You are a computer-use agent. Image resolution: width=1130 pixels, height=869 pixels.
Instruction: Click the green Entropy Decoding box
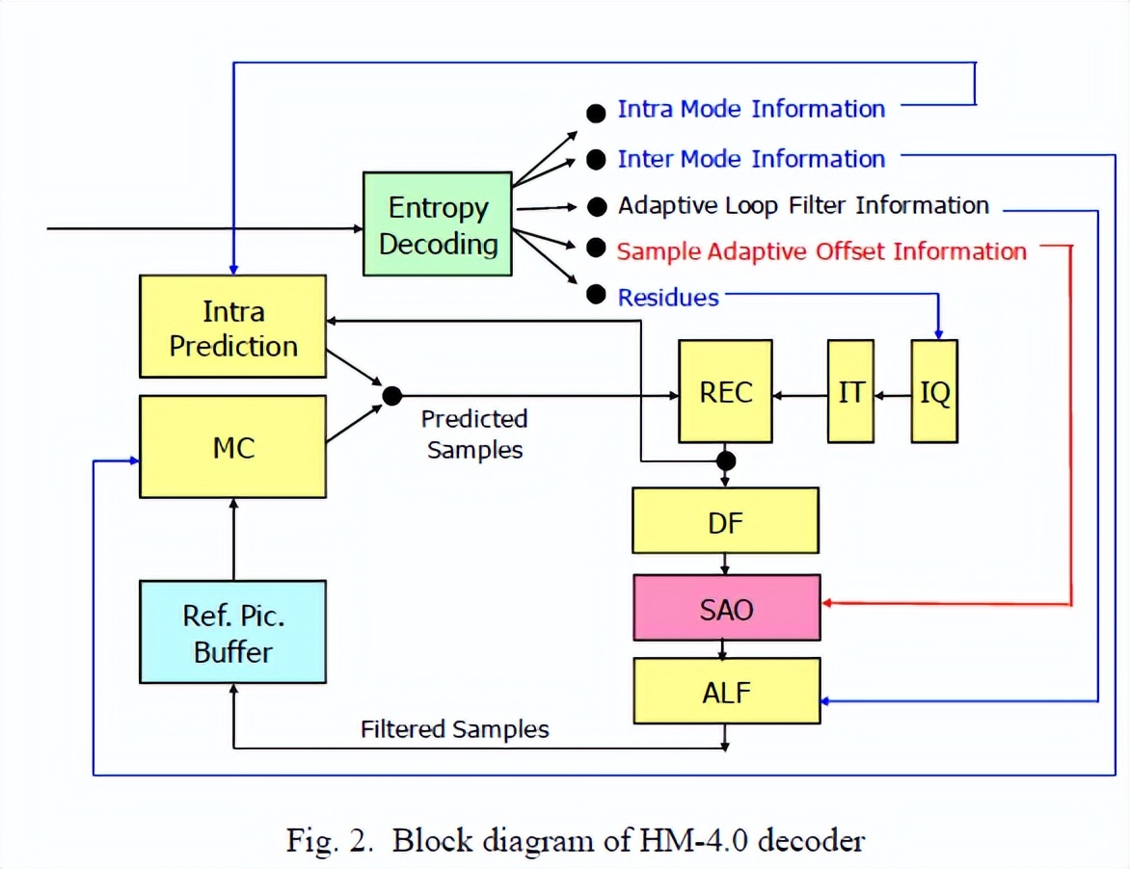438,224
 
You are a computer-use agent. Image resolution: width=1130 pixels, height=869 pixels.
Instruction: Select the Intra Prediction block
232,327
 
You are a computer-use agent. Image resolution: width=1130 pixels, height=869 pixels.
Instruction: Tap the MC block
232,446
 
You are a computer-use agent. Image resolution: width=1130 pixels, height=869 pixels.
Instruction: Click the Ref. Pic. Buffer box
232,631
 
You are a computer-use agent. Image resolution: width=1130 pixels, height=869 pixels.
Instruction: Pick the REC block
725,391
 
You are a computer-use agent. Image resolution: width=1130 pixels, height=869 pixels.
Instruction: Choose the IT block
850,391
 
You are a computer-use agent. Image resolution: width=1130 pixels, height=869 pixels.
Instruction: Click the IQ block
934,391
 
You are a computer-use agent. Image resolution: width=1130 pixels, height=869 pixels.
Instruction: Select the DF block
725,520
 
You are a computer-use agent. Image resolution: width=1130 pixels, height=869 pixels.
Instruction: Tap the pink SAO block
726,607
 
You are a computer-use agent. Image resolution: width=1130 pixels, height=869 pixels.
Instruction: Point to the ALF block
726,691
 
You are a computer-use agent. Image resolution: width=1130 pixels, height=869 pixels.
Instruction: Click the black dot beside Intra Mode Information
596,113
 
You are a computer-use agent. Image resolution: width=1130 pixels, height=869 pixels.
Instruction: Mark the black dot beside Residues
596,294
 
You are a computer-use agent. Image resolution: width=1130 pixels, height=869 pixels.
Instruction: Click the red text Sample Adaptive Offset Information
821,251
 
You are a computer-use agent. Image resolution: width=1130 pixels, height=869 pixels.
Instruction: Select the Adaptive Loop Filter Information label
803,206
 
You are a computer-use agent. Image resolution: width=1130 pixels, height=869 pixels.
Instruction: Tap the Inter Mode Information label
751,158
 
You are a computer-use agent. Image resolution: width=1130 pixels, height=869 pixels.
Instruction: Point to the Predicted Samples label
474,434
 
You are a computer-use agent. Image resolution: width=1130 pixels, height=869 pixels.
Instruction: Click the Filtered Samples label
455,729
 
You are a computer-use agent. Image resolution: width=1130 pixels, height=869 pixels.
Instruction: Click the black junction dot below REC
726,461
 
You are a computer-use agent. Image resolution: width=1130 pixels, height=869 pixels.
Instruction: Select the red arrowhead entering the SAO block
826,602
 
